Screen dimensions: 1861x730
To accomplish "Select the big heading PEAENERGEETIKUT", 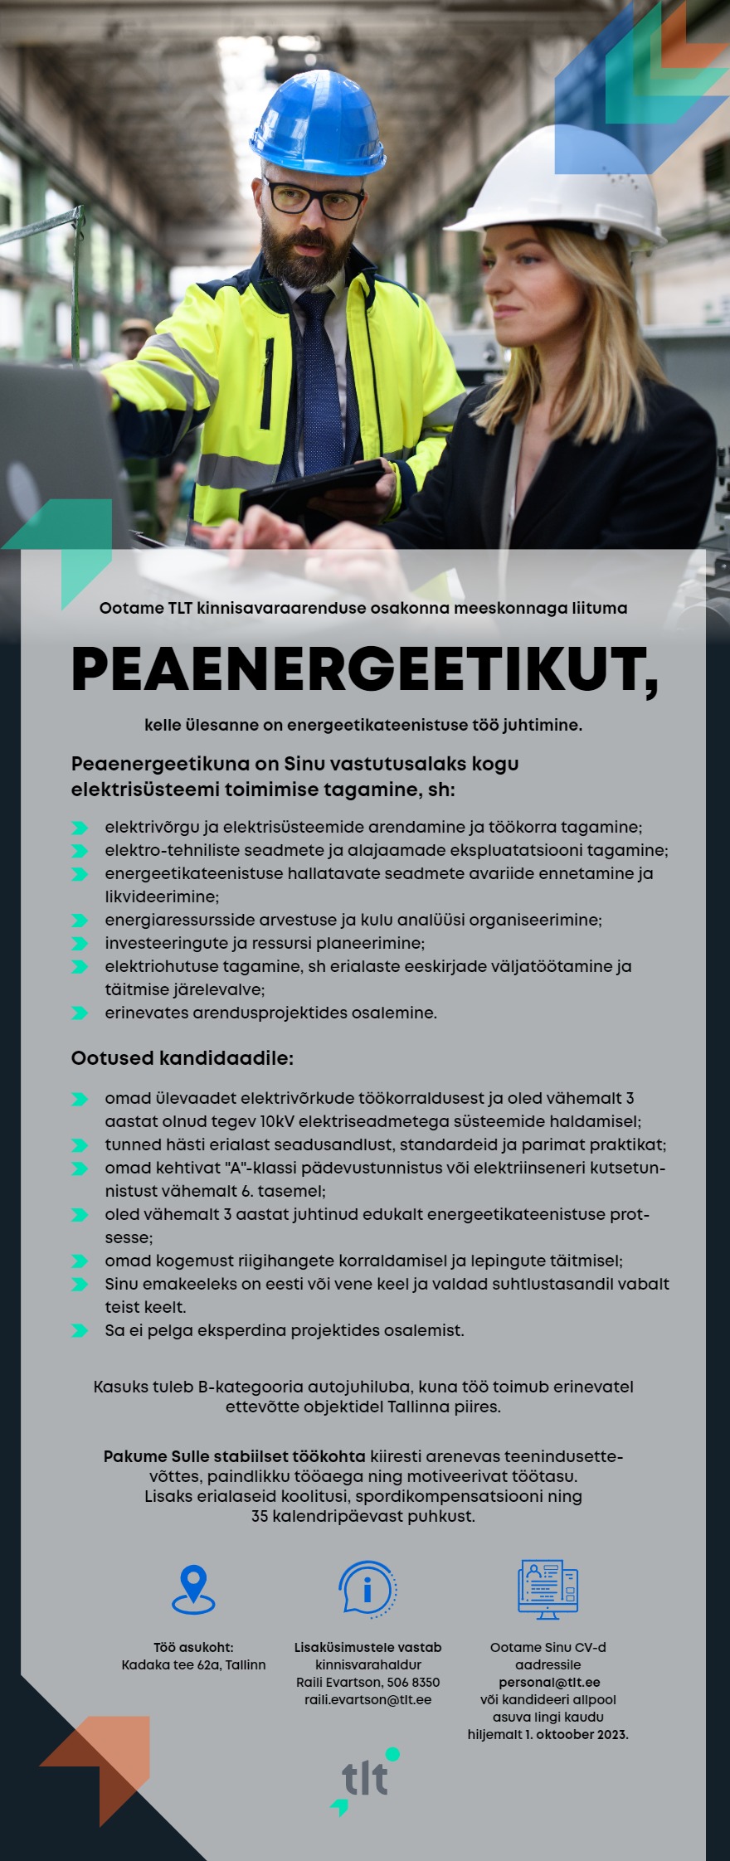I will coord(365,670).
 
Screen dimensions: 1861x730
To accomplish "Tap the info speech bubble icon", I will coord(367,1588).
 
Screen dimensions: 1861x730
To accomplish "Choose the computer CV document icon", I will coord(547,1589).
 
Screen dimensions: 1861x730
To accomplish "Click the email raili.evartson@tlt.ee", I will coord(367,1699).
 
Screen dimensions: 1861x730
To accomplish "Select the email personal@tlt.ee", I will coord(548,1682).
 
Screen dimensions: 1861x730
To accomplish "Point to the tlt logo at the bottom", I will coord(365,1780).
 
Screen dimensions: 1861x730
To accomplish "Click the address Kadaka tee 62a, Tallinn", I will coord(193,1664).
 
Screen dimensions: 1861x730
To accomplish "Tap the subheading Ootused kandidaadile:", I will coord(182,1058).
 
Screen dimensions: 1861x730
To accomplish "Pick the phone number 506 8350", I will coord(414,1682).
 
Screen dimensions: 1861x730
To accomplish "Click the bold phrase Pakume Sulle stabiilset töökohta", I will coord(234,1456).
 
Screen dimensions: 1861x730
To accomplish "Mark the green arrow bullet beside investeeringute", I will coord(80,944).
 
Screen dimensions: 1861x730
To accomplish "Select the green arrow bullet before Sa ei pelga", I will coord(80,1331).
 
